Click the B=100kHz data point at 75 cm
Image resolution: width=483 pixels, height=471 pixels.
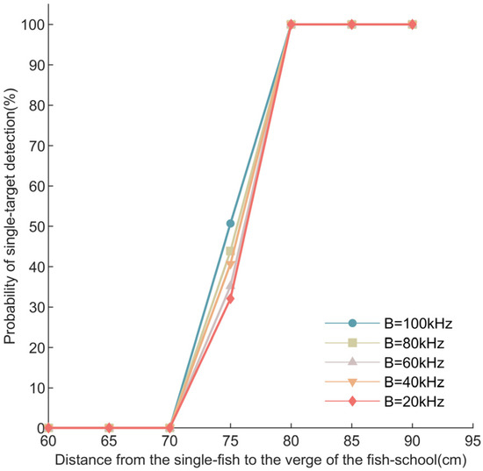pos(230,224)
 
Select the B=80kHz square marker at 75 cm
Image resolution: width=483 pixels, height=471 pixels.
pos(230,251)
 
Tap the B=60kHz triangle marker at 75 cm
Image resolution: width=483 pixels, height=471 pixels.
pos(230,286)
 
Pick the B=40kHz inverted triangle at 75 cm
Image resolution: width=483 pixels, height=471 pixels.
pos(230,264)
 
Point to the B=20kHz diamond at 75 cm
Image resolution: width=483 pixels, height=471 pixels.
pos(230,299)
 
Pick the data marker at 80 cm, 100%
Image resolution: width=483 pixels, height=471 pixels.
pos(291,25)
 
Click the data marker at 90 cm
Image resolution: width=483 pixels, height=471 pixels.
pos(412,25)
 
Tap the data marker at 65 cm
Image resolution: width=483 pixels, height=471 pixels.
pos(109,427)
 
